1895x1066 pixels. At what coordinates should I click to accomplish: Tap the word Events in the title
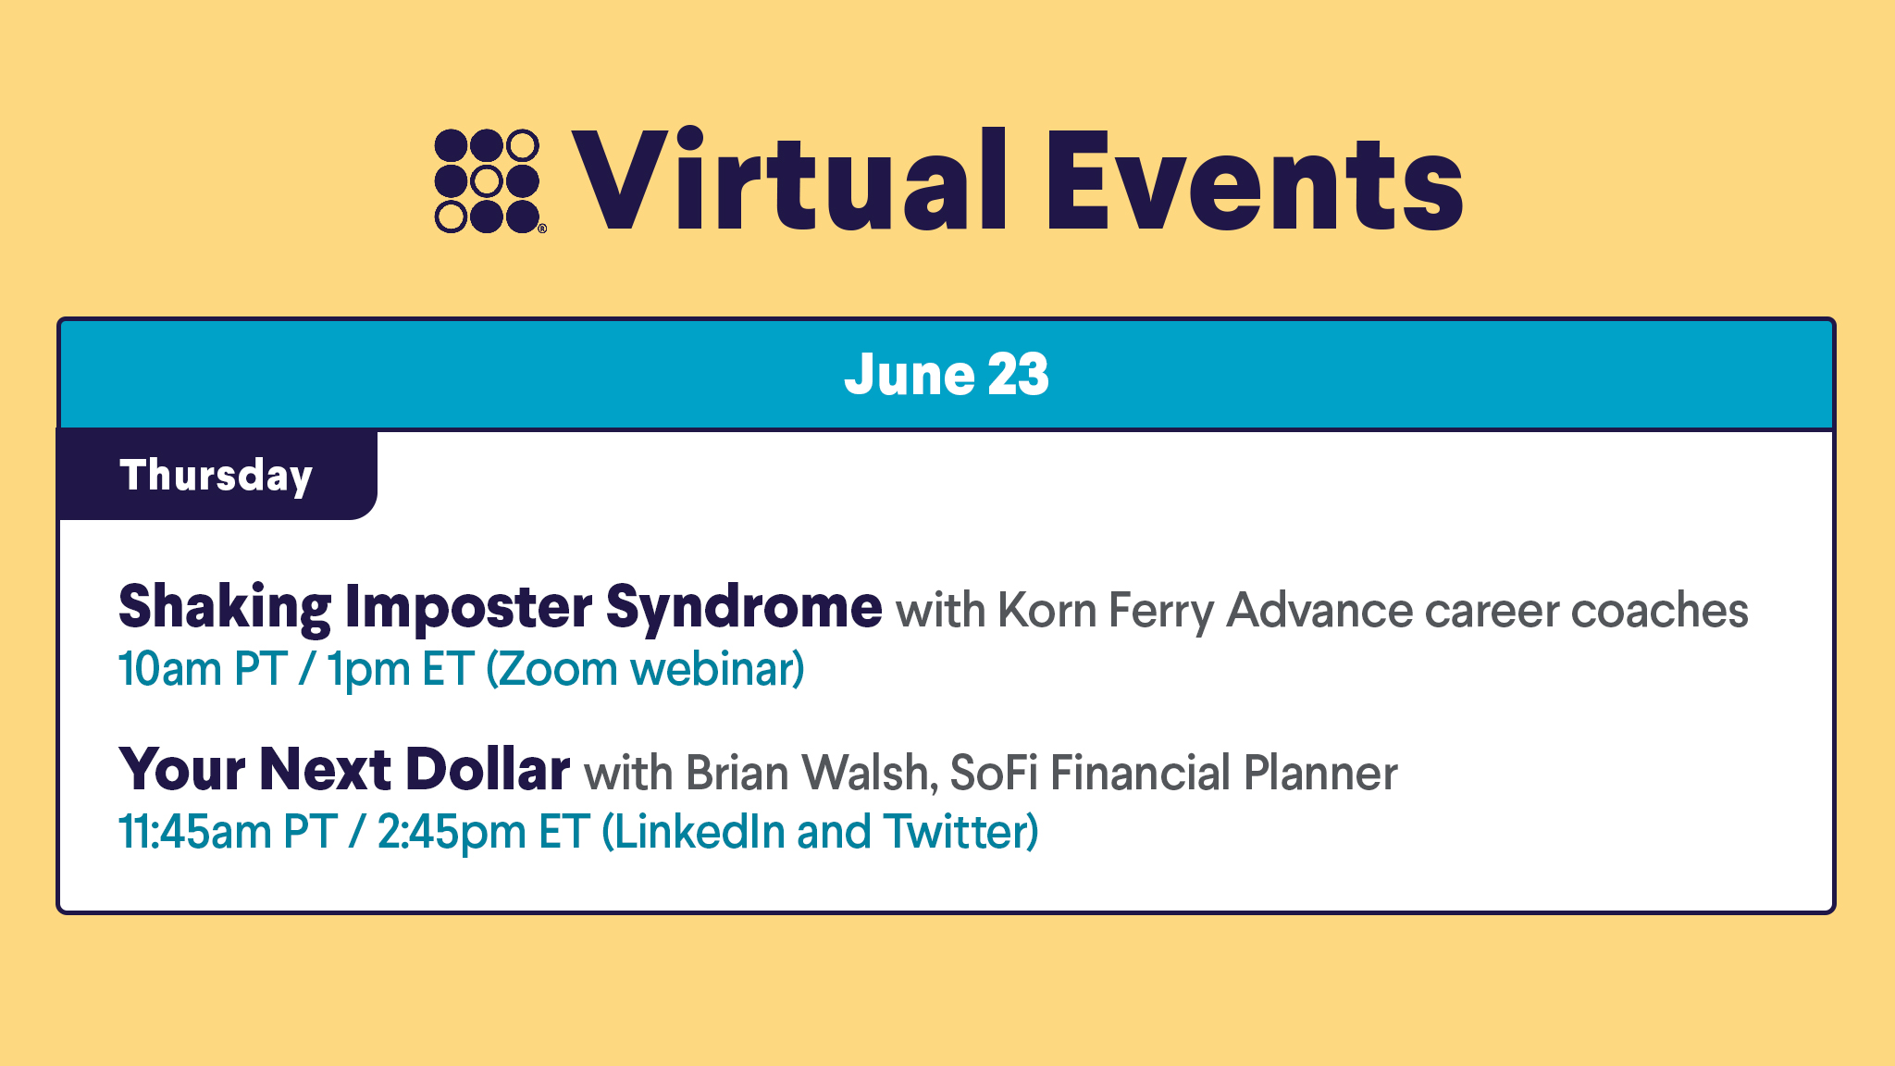pyautogui.click(x=1255, y=181)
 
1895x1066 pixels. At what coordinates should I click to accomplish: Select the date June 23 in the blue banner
pyautogui.click(x=947, y=374)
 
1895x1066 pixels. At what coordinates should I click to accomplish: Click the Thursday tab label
pyautogui.click(x=217, y=476)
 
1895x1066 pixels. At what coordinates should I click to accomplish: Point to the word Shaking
pyautogui.click(x=225, y=608)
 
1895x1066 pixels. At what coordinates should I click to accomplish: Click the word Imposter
pyautogui.click(x=469, y=608)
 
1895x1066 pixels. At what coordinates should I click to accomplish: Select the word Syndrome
pyautogui.click(x=744, y=608)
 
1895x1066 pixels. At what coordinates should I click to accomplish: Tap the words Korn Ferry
pyautogui.click(x=1106, y=612)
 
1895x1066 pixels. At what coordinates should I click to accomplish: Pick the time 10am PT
pyautogui.click(x=203, y=669)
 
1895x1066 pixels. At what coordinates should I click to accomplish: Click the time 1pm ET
pyautogui.click(x=401, y=670)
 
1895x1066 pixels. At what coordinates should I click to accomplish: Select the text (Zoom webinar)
pyautogui.click(x=646, y=669)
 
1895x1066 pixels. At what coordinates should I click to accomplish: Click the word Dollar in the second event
pyautogui.click(x=488, y=769)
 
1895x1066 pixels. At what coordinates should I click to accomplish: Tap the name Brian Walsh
pyautogui.click(x=812, y=773)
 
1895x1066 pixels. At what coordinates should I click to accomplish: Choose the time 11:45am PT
pyautogui.click(x=228, y=832)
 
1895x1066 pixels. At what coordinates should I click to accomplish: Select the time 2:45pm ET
pyautogui.click(x=484, y=832)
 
